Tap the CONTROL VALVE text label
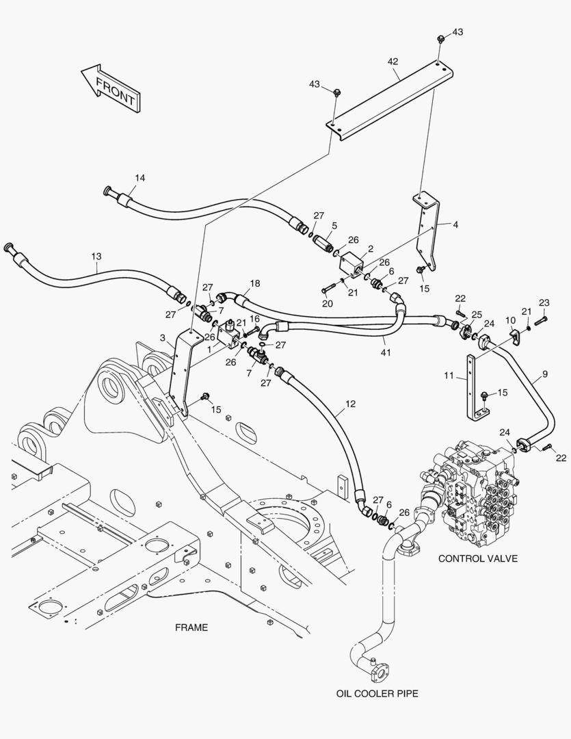(x=477, y=558)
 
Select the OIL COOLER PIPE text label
(x=377, y=693)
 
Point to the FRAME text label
(x=191, y=627)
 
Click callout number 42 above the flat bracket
(x=393, y=61)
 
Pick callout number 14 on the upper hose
(x=140, y=178)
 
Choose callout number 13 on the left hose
(x=96, y=257)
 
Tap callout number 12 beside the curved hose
(x=350, y=404)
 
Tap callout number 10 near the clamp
(x=510, y=320)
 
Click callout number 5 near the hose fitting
(x=334, y=225)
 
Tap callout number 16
(x=254, y=319)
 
